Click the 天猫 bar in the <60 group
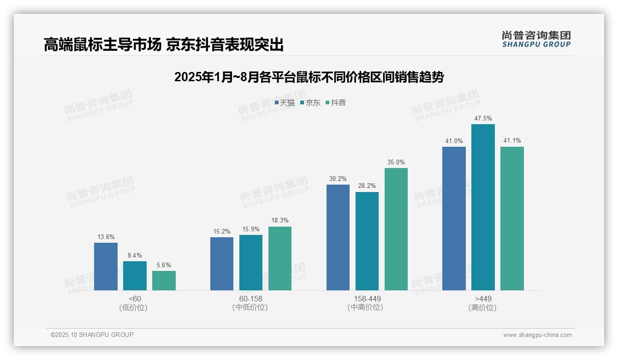(x=106, y=266)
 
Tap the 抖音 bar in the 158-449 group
(x=396, y=229)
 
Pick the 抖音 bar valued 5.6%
(x=164, y=280)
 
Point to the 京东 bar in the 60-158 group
(x=251, y=262)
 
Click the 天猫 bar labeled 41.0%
(x=454, y=218)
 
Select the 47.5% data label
(x=483, y=119)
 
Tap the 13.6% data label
(x=106, y=237)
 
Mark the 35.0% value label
(x=396, y=162)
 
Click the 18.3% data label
(x=280, y=221)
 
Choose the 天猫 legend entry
(x=285, y=102)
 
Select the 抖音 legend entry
(x=336, y=102)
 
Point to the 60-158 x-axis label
(x=250, y=299)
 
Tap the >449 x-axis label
(x=482, y=299)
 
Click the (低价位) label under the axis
(x=135, y=307)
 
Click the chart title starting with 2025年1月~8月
(x=309, y=77)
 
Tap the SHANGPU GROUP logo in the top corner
(x=536, y=39)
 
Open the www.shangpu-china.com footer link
(x=537, y=335)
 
